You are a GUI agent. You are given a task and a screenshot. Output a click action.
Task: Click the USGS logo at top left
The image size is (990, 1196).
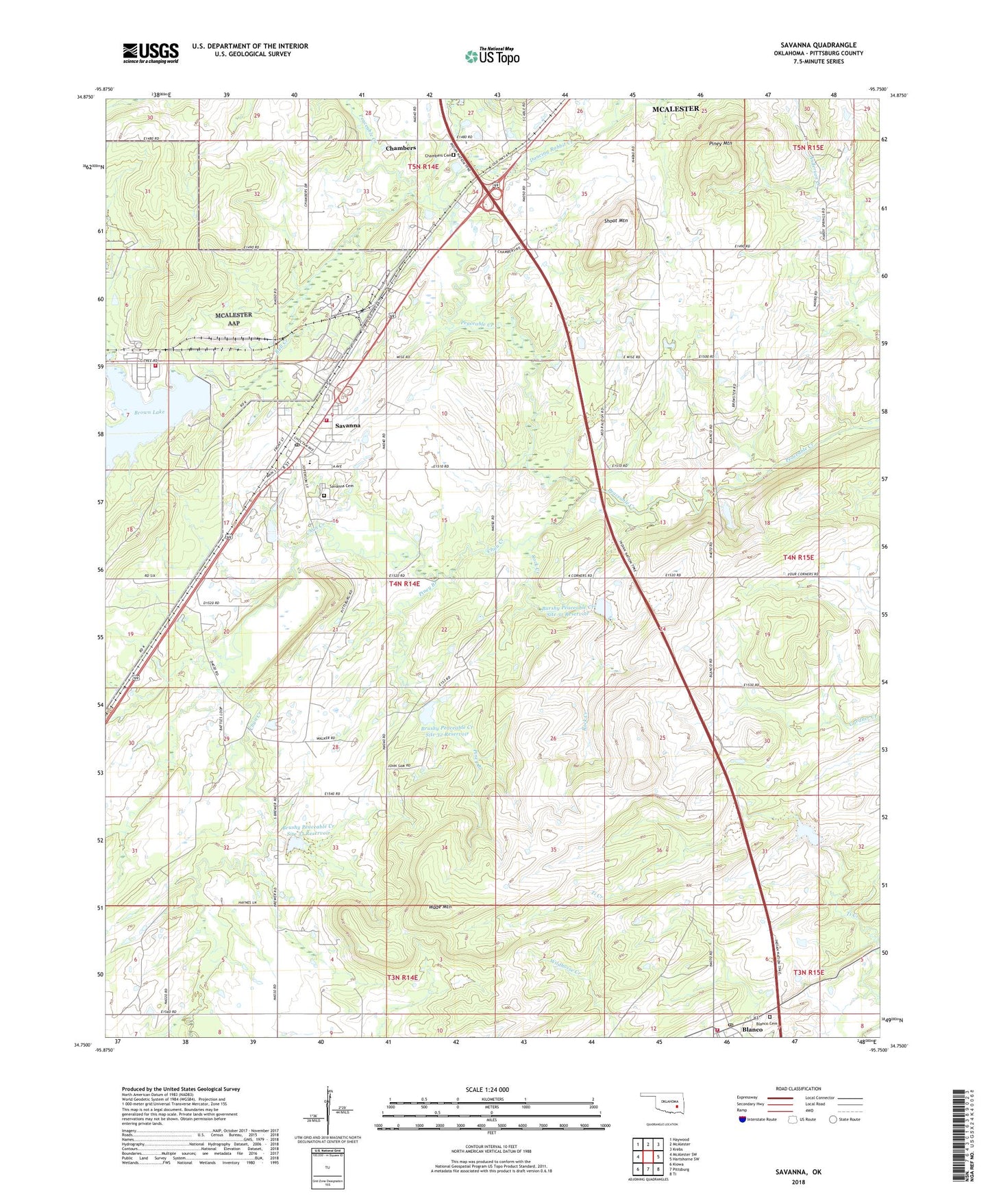coord(150,53)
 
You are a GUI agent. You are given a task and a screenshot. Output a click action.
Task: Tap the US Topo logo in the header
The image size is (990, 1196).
coord(491,56)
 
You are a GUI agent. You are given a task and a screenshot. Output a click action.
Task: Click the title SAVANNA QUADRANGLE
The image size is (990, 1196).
coord(818,45)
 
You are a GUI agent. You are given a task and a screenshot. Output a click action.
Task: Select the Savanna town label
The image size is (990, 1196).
coord(347,425)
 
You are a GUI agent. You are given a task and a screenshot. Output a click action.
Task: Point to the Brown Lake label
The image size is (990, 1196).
coord(149,412)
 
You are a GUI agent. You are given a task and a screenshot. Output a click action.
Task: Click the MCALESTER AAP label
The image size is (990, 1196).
coord(234,319)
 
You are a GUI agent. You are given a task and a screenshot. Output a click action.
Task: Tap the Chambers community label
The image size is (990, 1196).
coord(400,148)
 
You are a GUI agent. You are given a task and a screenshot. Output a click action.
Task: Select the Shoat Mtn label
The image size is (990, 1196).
coord(615,221)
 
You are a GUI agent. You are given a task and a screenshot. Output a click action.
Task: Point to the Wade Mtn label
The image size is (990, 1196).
coord(442,908)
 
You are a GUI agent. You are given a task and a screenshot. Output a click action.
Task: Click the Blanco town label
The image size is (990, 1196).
coord(752,1030)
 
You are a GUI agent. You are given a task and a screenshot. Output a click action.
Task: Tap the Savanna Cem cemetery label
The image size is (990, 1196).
coord(341,486)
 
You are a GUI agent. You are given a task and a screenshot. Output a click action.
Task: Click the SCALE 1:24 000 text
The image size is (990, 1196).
coord(487,1090)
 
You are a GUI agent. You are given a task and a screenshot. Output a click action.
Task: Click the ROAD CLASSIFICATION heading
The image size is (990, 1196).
coord(798,1088)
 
